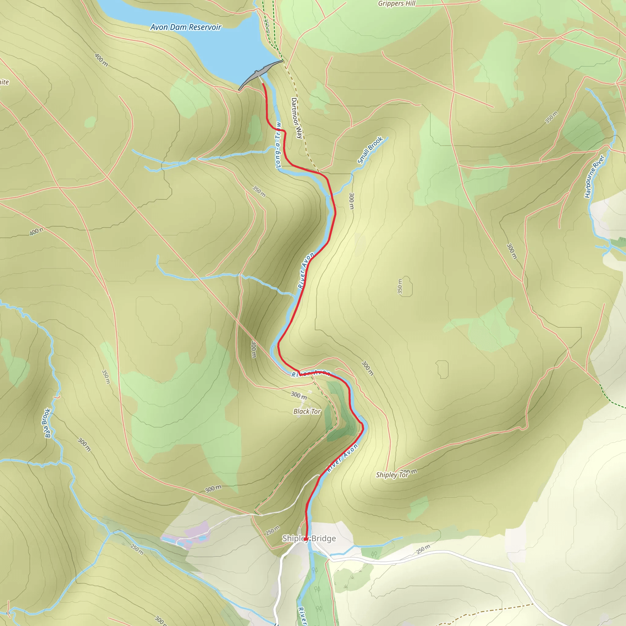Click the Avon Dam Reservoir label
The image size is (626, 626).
[186, 27]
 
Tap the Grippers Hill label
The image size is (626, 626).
[396, 4]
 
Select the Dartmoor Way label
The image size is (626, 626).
[296, 118]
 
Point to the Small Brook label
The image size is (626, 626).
[370, 150]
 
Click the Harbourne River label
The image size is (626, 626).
[594, 176]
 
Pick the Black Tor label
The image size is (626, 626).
[307, 411]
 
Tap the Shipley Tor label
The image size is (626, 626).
[392, 475]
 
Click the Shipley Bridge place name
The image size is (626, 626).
[309, 539]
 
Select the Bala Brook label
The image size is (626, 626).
[48, 423]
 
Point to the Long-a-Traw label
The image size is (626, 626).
[278, 145]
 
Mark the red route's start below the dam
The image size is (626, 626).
[263, 84]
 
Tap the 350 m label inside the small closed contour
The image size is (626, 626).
[400, 286]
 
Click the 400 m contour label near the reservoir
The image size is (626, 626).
[101, 60]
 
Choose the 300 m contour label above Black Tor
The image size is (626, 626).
[298, 395]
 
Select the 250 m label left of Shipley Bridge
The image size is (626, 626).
[272, 530]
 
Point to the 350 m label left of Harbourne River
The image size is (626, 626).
[551, 117]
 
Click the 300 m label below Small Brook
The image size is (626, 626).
[352, 201]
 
